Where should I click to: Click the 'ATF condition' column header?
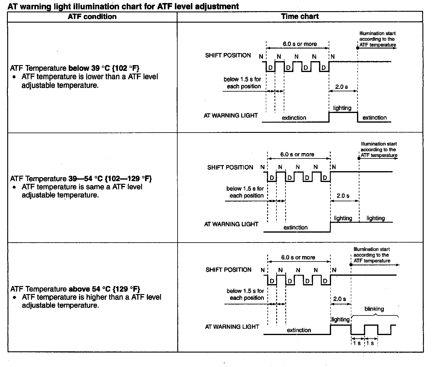point(92,17)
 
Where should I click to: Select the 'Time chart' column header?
point(300,17)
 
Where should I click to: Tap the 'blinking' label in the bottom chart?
point(374,309)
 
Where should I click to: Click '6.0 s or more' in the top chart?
point(300,44)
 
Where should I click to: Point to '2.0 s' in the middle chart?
point(343,196)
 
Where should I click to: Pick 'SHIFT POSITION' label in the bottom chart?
point(229,270)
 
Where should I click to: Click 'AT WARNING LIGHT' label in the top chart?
point(231,115)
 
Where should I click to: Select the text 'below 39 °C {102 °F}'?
point(104,68)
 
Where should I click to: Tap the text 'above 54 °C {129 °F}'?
point(104,289)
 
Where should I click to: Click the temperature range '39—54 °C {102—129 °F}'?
point(110,179)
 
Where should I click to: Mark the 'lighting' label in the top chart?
point(342,108)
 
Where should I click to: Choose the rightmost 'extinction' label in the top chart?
point(374,118)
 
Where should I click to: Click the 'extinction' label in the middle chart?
point(295,227)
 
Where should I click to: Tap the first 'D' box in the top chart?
point(270,68)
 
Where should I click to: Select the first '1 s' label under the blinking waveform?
point(357,343)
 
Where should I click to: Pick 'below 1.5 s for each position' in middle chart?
point(245,192)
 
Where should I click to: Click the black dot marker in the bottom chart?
point(351,265)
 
